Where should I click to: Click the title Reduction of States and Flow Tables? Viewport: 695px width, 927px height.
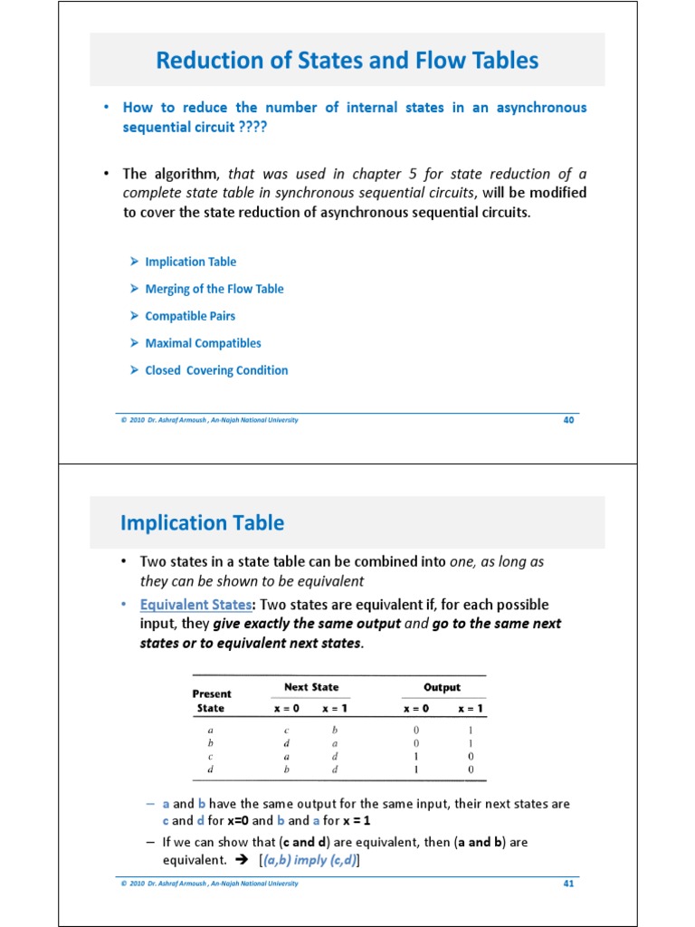(x=347, y=61)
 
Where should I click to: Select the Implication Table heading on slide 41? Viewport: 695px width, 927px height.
(x=202, y=522)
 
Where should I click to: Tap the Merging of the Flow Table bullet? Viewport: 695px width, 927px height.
(x=214, y=289)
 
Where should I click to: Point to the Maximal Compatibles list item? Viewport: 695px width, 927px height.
(x=203, y=343)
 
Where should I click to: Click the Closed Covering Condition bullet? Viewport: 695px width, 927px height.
(x=216, y=370)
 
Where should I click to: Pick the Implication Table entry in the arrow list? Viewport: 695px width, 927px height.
(x=190, y=262)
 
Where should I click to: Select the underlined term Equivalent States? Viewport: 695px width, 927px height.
(x=195, y=605)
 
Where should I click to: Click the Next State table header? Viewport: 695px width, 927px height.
(x=311, y=687)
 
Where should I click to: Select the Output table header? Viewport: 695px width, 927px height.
(x=442, y=687)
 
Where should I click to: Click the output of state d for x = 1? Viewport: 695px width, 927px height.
(x=471, y=769)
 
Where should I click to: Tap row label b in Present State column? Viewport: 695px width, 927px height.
(x=210, y=742)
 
